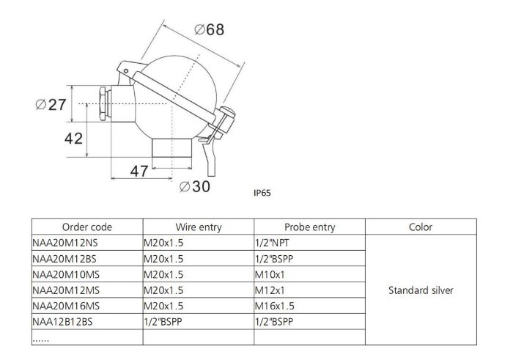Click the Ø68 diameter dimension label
tap(210, 29)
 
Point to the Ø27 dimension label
tap(51, 105)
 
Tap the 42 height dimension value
tap(73, 139)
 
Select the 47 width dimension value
tap(139, 171)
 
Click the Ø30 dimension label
tap(195, 186)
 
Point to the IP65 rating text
tap(262, 193)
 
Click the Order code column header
tap(87, 227)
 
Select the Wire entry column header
tap(199, 227)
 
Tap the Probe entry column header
tap(310, 227)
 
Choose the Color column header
tap(421, 227)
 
